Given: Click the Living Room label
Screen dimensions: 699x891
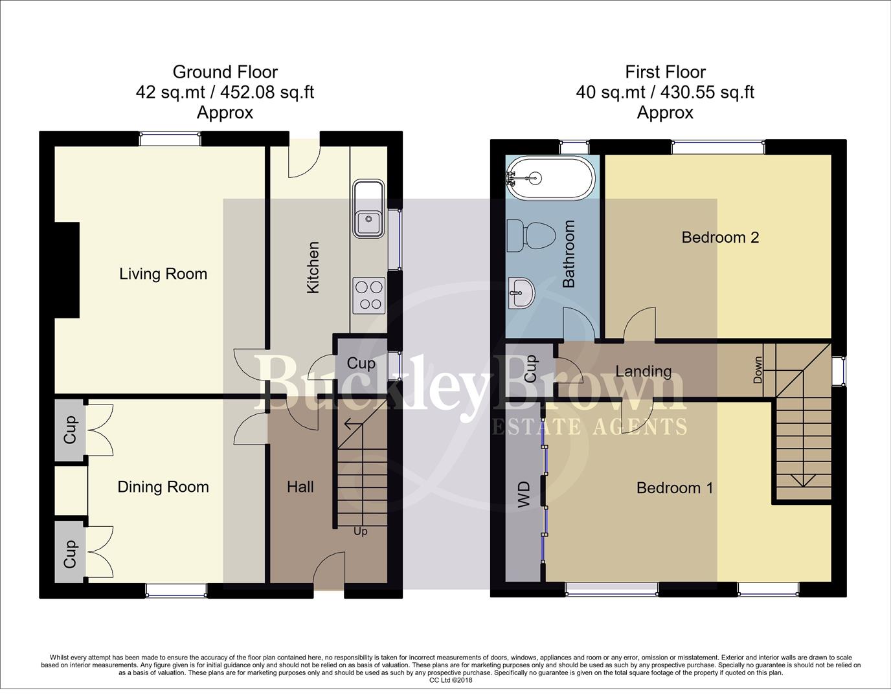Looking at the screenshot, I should pos(163,274).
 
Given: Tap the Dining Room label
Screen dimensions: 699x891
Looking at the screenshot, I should pos(163,487).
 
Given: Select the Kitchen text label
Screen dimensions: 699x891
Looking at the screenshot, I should pos(313,267).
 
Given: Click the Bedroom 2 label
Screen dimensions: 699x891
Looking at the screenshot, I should pos(720,238).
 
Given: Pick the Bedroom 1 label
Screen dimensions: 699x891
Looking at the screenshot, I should pos(675,487).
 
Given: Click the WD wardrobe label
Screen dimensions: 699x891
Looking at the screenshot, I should pos(524,494).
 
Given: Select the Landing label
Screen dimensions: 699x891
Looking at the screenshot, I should pos(643,371).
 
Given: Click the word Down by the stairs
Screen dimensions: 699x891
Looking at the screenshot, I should pos(758,370).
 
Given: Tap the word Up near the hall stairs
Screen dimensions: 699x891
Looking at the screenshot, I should pos(361,531).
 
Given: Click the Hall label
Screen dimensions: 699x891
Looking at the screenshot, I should pos(300,486).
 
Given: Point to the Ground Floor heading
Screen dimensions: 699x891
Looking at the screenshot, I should pos(225,72).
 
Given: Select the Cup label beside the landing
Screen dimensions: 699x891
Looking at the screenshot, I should pos(530,368).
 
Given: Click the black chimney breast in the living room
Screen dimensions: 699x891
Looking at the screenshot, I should pos(67,270).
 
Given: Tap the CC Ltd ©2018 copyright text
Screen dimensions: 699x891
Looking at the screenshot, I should pos(451,680).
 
